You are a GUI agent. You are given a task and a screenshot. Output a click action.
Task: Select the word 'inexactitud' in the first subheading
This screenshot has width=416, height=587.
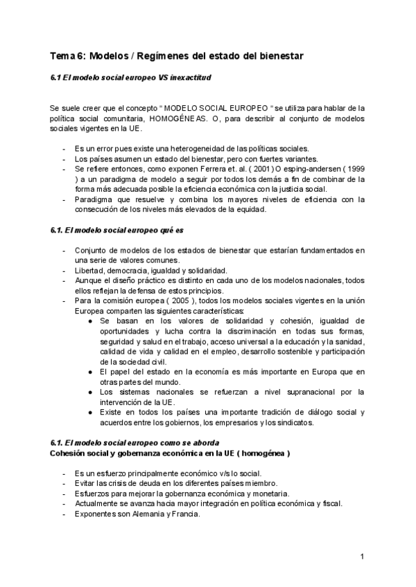point(191,78)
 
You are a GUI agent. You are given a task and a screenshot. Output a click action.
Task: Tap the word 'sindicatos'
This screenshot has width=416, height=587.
point(293,422)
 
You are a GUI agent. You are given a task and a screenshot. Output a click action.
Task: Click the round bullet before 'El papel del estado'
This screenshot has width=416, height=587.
point(92,371)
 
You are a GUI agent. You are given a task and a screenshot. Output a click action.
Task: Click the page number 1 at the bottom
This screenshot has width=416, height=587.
point(362,557)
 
